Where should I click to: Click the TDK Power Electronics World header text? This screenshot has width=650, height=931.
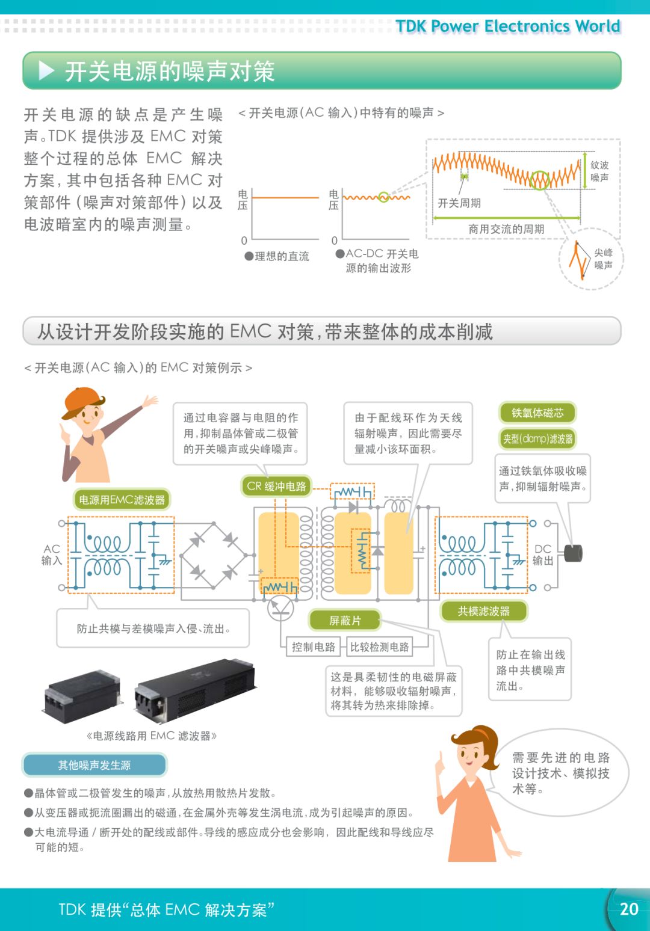[x=507, y=26]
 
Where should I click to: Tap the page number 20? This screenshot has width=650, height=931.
[x=628, y=909]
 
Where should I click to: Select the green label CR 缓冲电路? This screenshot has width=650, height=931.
[x=276, y=486]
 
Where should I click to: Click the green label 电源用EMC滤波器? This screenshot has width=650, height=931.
[x=122, y=499]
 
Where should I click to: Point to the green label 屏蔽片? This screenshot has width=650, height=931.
[x=345, y=620]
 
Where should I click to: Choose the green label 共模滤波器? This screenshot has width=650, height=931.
[x=483, y=611]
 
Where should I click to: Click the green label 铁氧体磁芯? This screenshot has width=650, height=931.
[x=537, y=413]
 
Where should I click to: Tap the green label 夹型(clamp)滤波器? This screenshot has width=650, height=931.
[x=537, y=438]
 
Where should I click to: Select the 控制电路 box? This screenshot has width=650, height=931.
[x=313, y=647]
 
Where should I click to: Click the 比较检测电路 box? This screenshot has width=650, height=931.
[x=379, y=647]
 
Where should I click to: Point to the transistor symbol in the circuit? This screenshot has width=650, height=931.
[x=280, y=608]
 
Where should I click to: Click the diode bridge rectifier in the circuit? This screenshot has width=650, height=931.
[x=214, y=556]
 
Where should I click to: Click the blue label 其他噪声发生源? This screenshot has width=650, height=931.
[x=94, y=765]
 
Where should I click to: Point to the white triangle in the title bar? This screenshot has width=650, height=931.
[x=46, y=71]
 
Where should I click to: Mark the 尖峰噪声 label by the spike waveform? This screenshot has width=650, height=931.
[x=603, y=259]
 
